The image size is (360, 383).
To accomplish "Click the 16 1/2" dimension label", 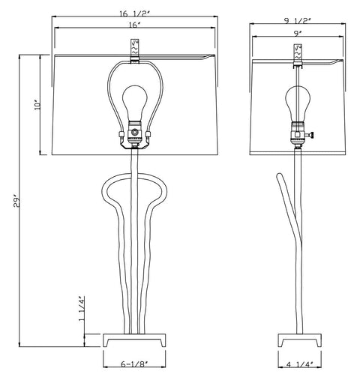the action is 134,14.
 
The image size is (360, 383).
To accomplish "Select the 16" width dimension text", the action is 134,25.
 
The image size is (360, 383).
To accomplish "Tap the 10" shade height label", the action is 37,105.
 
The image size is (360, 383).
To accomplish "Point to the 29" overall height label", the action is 16,202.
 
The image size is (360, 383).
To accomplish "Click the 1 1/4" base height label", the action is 82,309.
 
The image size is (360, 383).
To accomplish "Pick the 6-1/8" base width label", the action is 134,364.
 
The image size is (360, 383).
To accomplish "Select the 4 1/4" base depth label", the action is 300,364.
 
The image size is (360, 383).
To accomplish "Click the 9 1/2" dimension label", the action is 297,21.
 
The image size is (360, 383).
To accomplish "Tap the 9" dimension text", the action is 297,34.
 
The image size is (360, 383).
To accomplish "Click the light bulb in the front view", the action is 135,103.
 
